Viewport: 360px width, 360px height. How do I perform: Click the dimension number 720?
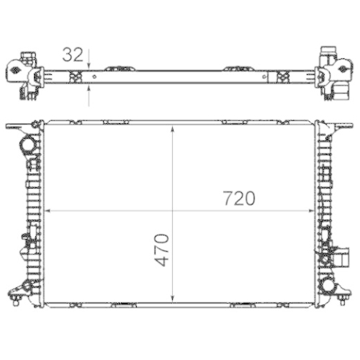239,199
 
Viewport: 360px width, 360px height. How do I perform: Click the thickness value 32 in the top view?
73,54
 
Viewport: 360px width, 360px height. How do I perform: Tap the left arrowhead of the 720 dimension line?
49,211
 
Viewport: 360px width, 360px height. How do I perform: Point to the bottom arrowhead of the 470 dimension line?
171,298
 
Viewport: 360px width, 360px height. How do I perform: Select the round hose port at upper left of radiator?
28,145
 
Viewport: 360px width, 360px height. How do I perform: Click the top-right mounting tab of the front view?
342,127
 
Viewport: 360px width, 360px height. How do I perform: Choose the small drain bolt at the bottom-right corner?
344,294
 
